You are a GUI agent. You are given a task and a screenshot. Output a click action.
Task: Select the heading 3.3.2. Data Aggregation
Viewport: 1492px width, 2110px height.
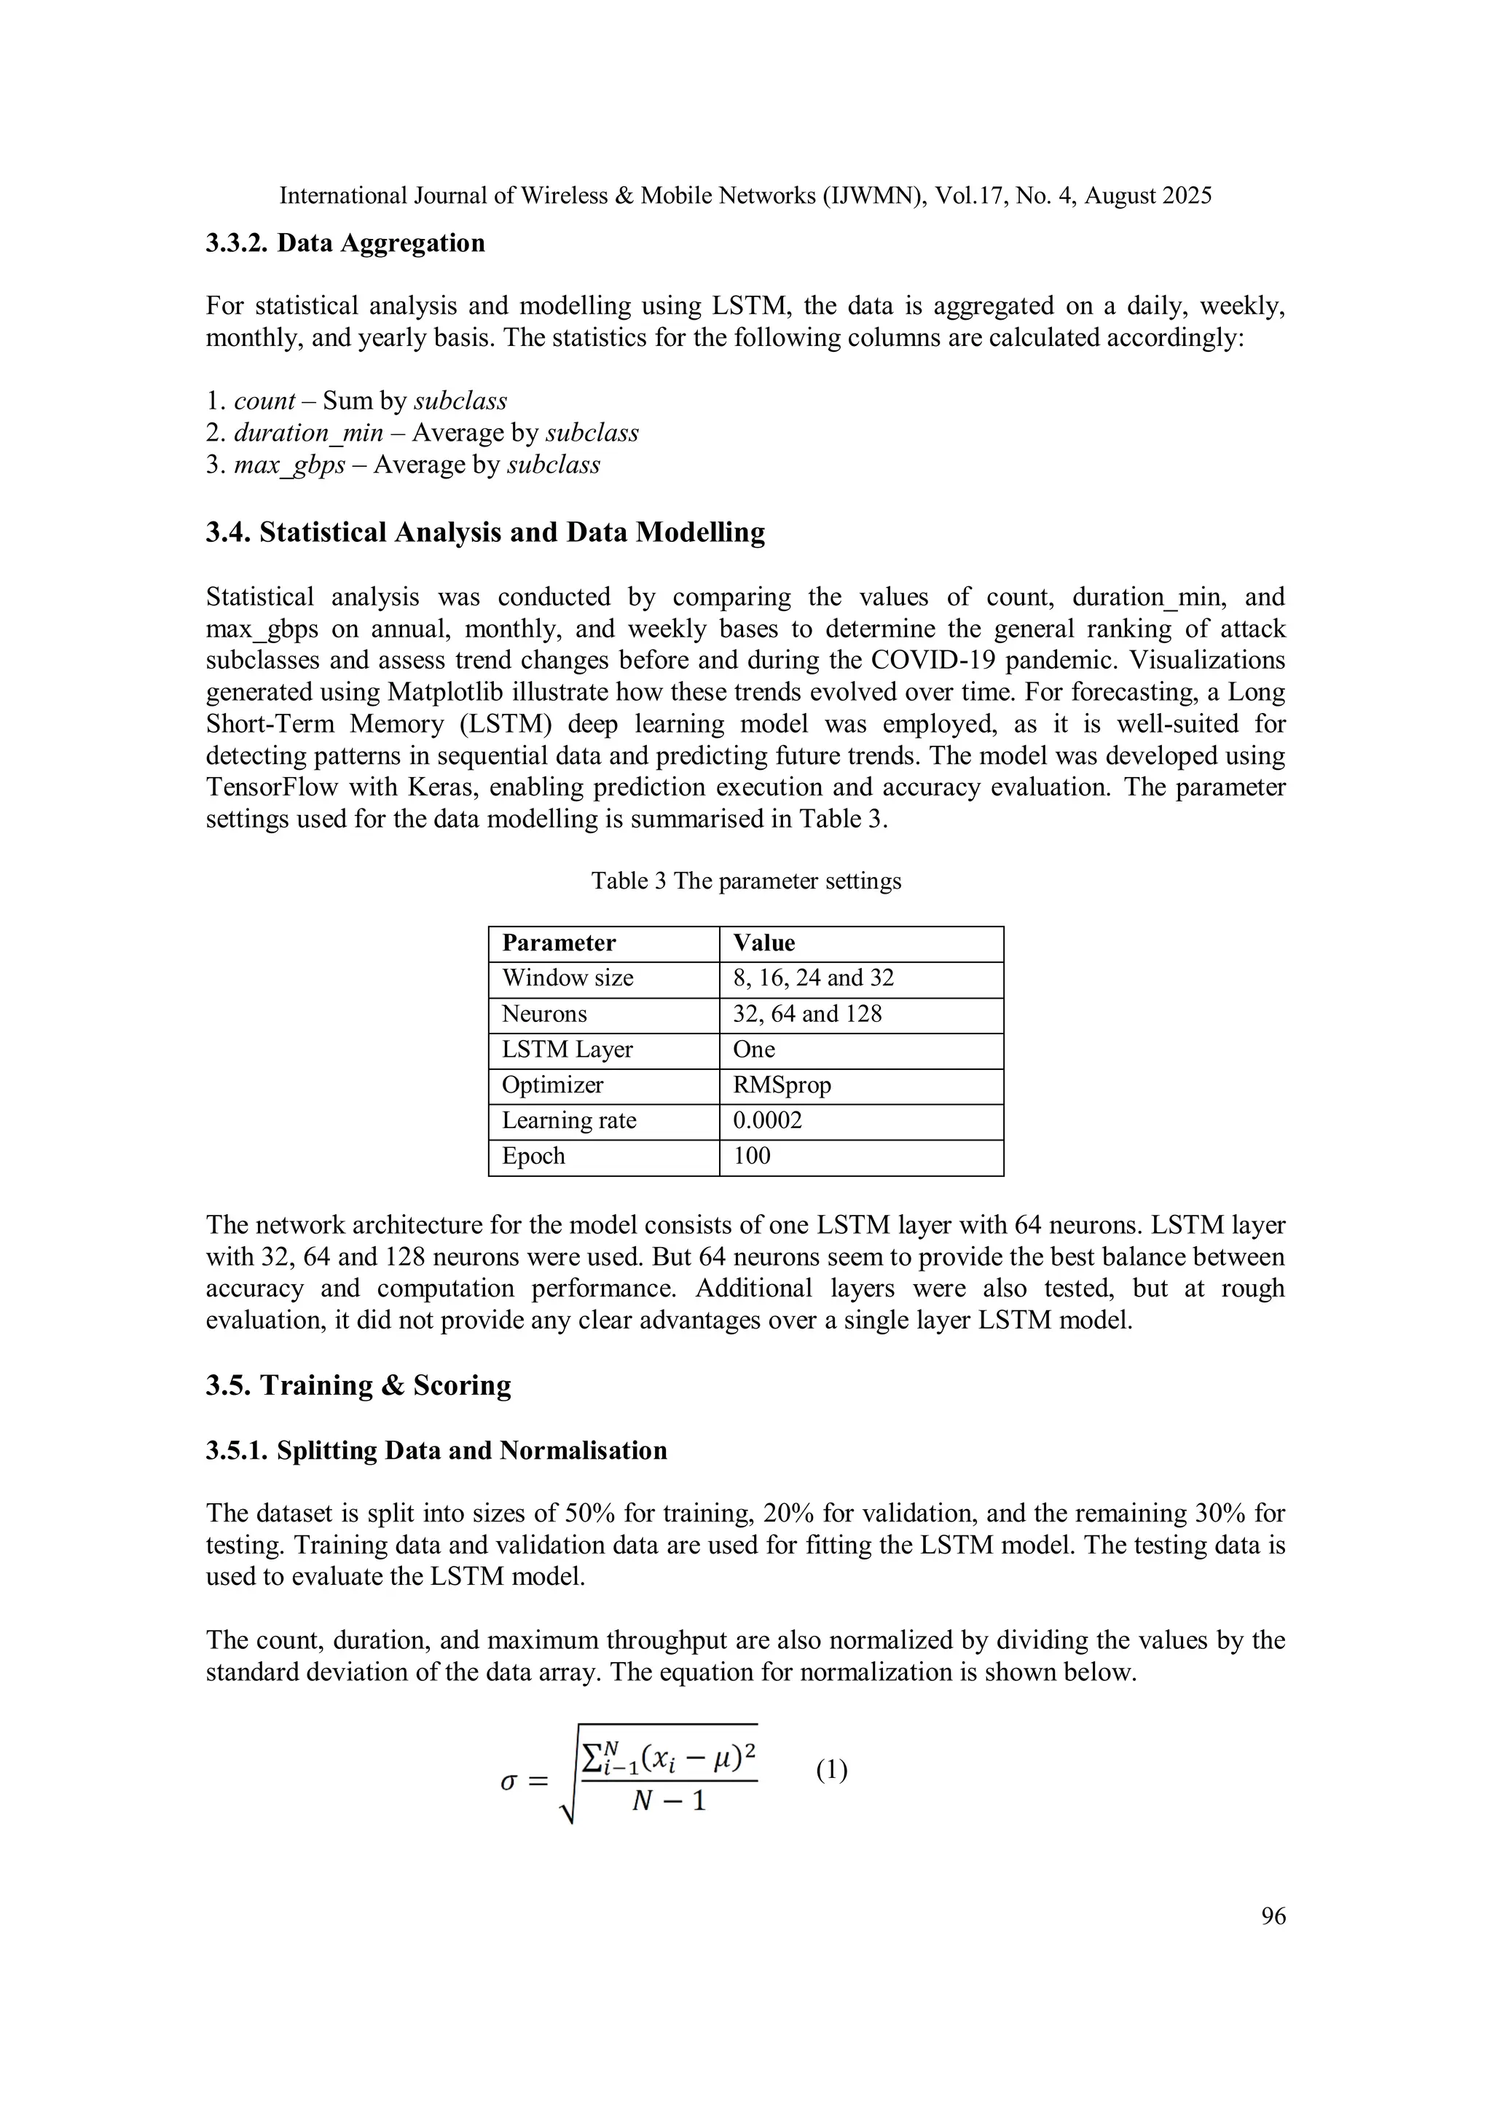[345, 243]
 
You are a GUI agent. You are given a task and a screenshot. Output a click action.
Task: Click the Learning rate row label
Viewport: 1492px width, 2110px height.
[568, 1121]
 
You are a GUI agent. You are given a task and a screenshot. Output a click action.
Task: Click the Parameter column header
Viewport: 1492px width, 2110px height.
[558, 944]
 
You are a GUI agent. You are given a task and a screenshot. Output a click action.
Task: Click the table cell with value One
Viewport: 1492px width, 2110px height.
[754, 1050]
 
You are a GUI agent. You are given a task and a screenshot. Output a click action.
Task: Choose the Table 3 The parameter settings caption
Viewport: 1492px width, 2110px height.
[745, 881]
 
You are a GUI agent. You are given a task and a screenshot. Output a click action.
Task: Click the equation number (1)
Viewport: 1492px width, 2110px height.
[831, 1770]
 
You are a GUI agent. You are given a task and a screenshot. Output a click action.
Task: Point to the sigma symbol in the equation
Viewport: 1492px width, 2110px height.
[509, 1781]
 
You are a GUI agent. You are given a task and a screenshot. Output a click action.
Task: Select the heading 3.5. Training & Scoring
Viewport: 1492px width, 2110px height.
[358, 1386]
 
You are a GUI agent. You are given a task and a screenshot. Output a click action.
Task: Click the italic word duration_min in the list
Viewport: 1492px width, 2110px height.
[308, 433]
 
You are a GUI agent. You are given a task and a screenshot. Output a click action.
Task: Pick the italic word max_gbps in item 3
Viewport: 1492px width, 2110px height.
[289, 465]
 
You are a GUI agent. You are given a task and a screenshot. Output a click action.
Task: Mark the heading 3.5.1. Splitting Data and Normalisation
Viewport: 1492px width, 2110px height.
[436, 1451]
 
